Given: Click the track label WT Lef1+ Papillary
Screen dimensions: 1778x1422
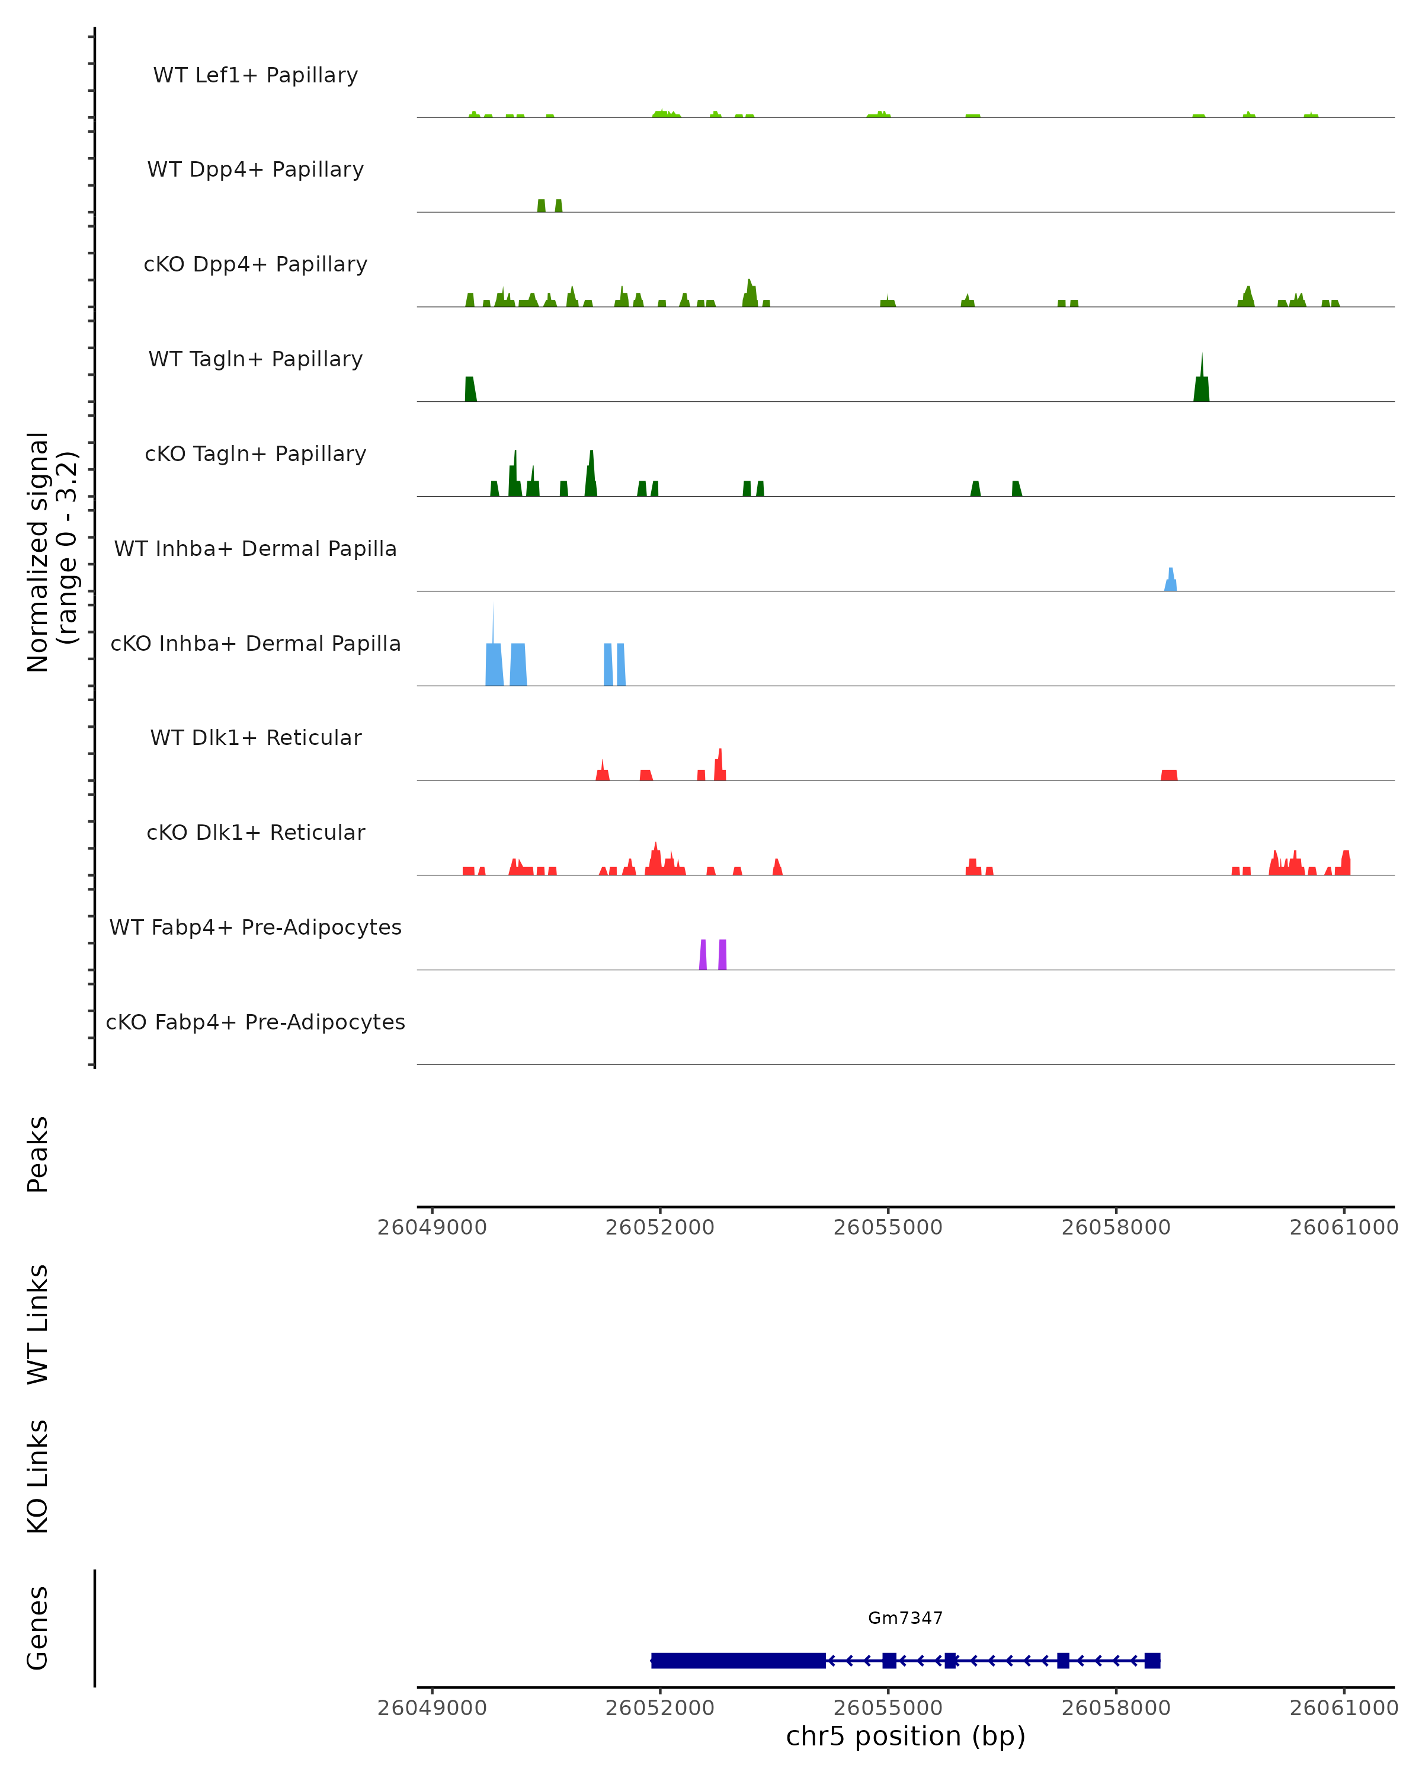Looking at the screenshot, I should [255, 75].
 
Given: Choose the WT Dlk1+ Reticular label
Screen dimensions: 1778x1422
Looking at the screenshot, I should [255, 737].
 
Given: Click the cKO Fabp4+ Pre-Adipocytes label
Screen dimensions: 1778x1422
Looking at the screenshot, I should [255, 1022].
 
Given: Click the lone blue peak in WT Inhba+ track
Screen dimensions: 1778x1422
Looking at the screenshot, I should [1171, 580].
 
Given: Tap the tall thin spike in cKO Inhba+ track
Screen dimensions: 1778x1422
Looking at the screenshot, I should [493, 627].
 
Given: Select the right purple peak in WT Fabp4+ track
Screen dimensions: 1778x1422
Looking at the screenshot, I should [722, 954].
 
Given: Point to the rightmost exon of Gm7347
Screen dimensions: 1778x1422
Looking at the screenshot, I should [1152, 1660].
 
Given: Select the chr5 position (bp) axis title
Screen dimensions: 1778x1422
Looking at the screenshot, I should [905, 1736].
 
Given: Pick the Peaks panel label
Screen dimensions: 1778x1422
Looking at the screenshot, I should [38, 1154].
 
